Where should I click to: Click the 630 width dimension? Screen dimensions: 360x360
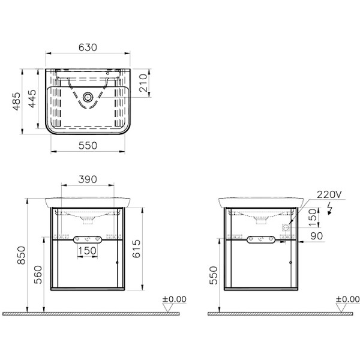click(x=88, y=47)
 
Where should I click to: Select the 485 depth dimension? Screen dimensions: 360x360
click(x=17, y=101)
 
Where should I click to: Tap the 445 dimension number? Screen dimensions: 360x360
click(x=32, y=98)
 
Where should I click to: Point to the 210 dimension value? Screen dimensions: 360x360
click(x=143, y=83)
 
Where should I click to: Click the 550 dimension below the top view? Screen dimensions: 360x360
click(x=88, y=146)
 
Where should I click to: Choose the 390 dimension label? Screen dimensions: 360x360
click(x=88, y=179)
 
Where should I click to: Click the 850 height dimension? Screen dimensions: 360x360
click(x=22, y=255)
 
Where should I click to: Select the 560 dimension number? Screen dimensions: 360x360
click(x=38, y=275)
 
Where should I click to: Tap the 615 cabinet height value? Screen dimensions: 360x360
click(x=136, y=248)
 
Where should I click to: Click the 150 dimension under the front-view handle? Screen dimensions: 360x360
click(x=87, y=251)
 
